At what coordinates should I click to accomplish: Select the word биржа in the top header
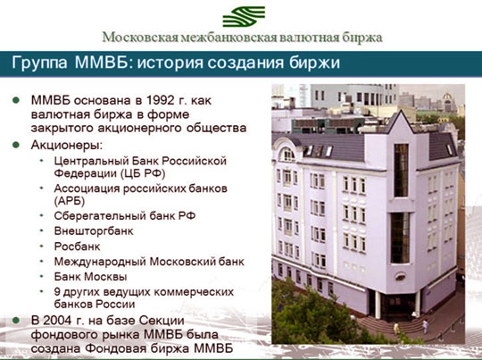click(360, 38)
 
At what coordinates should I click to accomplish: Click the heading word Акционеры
click(67, 145)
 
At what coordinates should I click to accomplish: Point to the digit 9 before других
click(58, 291)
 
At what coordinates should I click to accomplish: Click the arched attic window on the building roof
click(287, 155)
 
